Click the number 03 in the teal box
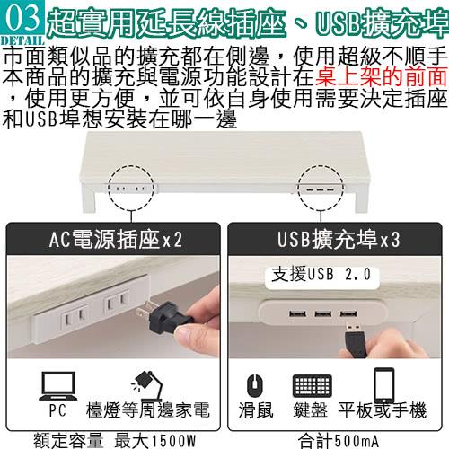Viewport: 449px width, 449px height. tap(22, 18)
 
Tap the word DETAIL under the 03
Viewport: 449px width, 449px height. tap(22, 41)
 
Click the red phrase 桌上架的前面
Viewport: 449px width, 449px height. tap(381, 77)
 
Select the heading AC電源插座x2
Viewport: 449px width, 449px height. tap(116, 240)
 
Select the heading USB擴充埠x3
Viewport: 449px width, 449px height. tap(339, 240)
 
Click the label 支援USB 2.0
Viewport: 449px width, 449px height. tap(321, 274)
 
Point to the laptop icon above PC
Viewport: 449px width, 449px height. tap(58, 386)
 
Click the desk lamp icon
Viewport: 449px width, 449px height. tap(147, 386)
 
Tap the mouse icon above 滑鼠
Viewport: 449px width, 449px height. tap(255, 385)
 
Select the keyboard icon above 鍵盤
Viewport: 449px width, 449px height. tap(313, 386)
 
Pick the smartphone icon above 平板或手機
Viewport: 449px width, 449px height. tap(383, 385)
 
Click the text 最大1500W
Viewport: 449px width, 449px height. tap(155, 441)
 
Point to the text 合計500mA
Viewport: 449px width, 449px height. tap(339, 441)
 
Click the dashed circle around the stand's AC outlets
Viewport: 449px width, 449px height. tap(108, 189)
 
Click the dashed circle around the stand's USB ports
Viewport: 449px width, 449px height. tap(298, 189)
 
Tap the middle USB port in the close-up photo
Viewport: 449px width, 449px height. tap(322, 314)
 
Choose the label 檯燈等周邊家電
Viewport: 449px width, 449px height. tap(148, 409)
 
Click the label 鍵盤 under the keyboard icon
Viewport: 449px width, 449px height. tap(310, 409)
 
